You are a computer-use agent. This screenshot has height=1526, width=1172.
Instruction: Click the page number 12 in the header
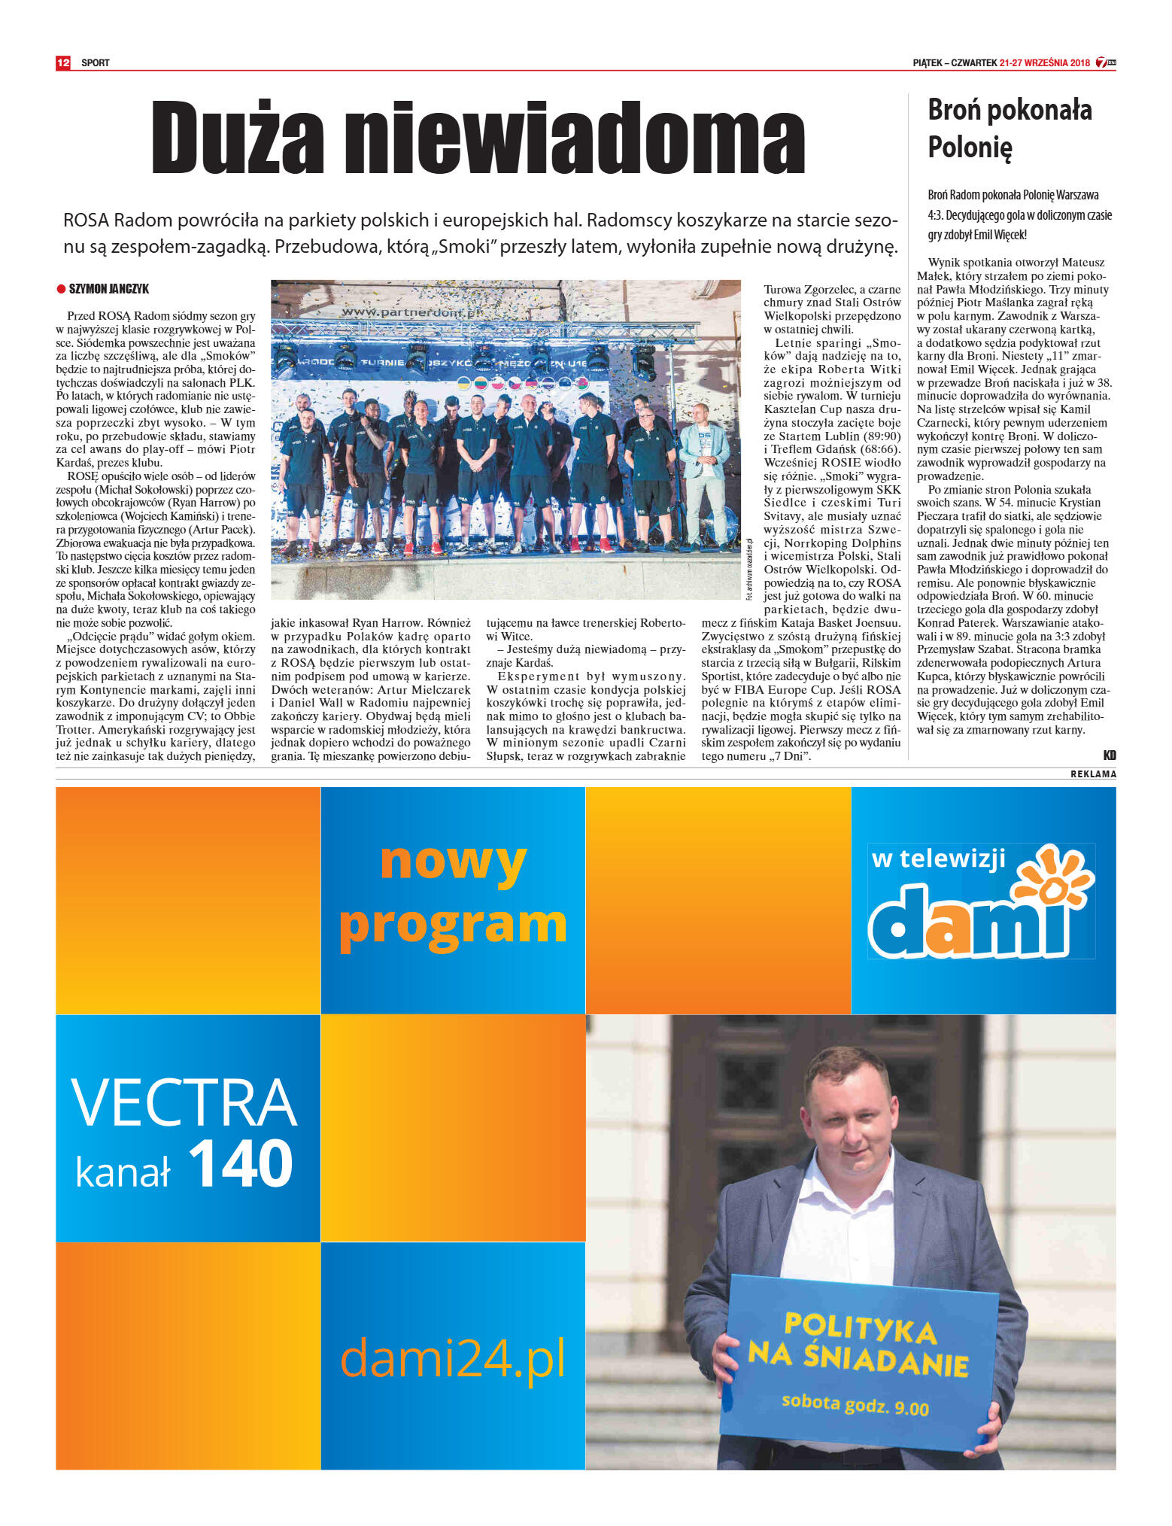click(63, 62)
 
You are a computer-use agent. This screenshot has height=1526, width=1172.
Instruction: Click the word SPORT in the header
click(96, 63)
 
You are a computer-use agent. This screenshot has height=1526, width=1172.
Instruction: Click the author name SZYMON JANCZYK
click(109, 289)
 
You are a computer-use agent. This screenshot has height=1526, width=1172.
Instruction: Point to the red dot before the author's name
click(61, 289)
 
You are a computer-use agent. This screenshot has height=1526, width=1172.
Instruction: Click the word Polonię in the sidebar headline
click(970, 147)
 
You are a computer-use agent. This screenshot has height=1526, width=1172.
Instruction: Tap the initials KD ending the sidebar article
click(1110, 755)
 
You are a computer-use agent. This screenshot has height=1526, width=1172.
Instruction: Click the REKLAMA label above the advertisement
click(1093, 774)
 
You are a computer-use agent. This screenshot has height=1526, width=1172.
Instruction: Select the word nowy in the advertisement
click(453, 862)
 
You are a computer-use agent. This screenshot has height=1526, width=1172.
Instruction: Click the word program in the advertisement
click(453, 925)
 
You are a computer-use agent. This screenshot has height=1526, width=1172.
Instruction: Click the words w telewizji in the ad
click(938, 859)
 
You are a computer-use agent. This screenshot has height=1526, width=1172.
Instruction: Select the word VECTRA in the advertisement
click(184, 1102)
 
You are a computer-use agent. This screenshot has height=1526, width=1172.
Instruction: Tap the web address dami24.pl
click(452, 1358)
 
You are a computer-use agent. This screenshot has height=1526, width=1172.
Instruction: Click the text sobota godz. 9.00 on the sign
click(855, 1404)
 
